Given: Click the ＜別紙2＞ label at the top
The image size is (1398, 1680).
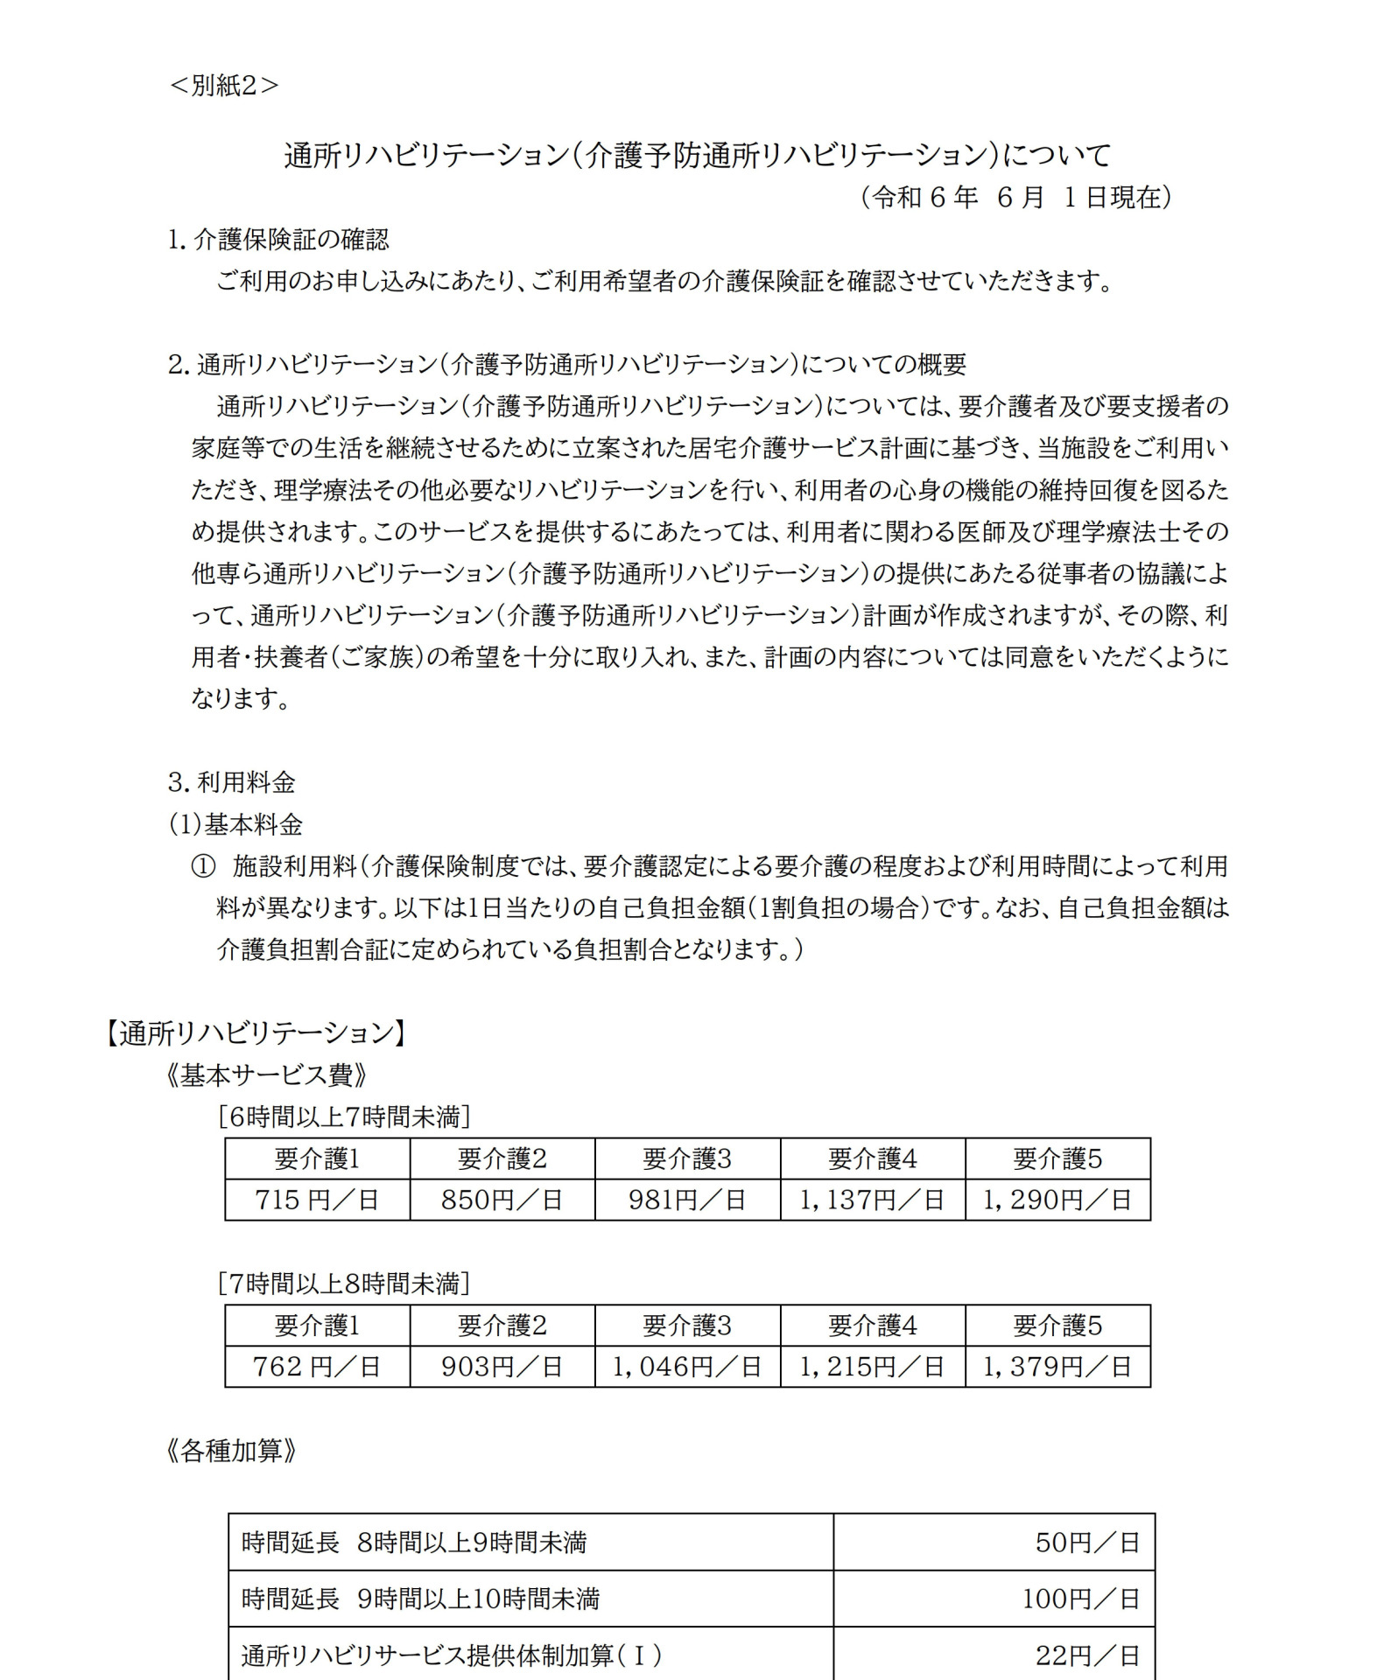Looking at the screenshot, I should point(223,86).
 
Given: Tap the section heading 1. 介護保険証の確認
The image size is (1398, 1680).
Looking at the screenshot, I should point(278,240).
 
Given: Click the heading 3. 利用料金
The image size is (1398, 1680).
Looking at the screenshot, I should point(232,781).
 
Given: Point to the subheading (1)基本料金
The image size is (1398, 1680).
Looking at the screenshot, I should point(235,823).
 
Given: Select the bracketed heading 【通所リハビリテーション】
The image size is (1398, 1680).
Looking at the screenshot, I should point(255,1033).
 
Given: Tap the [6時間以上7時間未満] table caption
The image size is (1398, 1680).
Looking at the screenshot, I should point(344,1116).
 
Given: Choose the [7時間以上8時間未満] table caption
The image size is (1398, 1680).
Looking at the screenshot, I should point(344,1284).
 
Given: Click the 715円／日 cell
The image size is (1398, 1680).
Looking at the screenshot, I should point(317,1200).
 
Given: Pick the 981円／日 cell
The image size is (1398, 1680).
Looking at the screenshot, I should point(686,1200).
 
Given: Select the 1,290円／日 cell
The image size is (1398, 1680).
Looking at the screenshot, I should point(1057,1200).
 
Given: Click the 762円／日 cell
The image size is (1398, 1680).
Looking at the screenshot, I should point(317,1366).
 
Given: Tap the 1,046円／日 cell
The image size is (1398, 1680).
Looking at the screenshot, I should point(686,1366).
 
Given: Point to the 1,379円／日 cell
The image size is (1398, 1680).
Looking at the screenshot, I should point(1057,1366).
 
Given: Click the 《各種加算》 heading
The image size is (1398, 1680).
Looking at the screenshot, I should point(230,1451).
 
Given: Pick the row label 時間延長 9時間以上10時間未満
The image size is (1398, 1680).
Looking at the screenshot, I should point(420,1599).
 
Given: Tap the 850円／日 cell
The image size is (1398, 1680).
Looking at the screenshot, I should point(502,1200).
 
